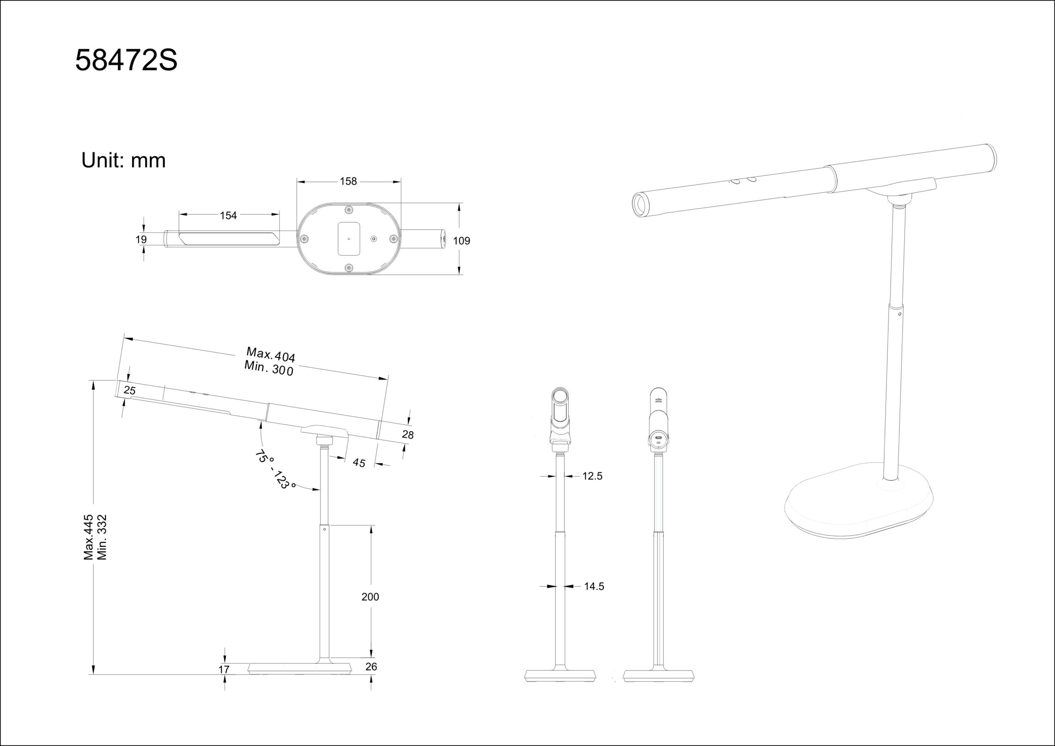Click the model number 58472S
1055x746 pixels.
tap(127, 61)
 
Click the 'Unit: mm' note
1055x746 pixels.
tap(123, 160)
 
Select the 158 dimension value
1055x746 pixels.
tap(348, 182)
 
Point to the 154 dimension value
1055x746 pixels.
tap(228, 216)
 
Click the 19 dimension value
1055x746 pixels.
tap(141, 239)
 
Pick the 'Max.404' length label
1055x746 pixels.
tap(271, 354)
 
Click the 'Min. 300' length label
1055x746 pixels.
tap(269, 368)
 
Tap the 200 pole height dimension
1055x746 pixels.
tap(370, 597)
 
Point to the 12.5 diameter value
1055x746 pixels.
tap(592, 476)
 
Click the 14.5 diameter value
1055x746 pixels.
tap(594, 586)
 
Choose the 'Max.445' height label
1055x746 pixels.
tap(88, 537)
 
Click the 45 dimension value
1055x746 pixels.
tap(359, 463)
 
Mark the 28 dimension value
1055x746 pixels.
tap(408, 434)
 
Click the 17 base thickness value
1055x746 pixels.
tap(224, 670)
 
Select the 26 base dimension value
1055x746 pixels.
tap(371, 666)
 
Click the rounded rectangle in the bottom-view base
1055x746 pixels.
tap(349, 239)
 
